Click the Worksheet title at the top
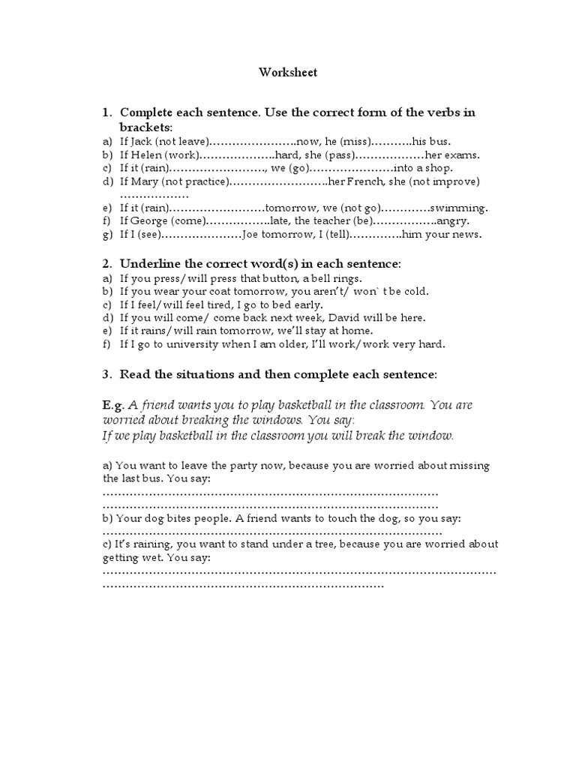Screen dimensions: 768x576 click(x=288, y=73)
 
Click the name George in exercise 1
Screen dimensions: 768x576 click(x=148, y=221)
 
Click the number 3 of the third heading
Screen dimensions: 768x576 click(x=106, y=374)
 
